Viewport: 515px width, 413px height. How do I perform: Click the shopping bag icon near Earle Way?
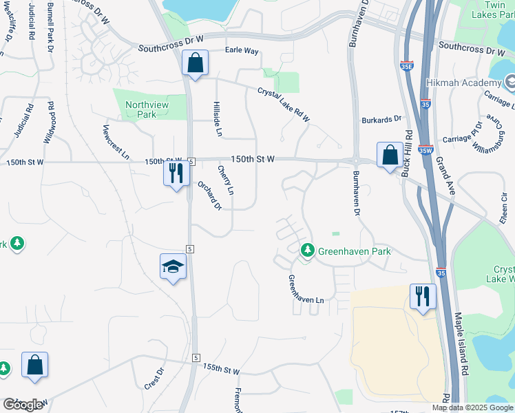coord(196,63)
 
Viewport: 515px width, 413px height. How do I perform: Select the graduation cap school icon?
coord(173,267)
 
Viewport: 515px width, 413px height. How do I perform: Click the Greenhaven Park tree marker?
coord(308,251)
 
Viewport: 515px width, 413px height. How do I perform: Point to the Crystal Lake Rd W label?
coord(284,104)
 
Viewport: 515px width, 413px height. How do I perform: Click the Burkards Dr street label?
coord(381,119)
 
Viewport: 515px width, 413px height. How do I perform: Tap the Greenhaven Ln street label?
coord(305,289)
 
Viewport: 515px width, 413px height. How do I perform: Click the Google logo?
coord(23,404)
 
